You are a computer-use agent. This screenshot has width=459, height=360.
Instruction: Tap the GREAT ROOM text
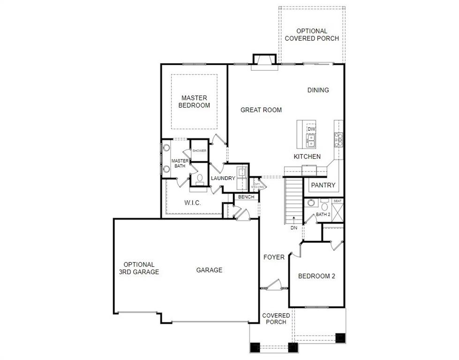click(261, 110)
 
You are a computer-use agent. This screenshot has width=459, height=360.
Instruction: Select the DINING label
click(318, 90)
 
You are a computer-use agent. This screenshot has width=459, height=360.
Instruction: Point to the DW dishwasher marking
click(311, 128)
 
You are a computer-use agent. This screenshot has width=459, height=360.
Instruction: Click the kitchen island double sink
click(311, 139)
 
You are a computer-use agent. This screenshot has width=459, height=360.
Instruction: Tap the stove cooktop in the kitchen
click(338, 139)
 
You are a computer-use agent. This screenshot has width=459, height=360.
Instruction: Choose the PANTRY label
click(324, 185)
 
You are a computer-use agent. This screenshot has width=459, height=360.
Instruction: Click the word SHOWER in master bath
click(199, 151)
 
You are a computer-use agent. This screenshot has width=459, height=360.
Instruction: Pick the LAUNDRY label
click(223, 179)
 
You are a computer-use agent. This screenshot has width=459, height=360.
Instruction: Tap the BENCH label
click(246, 197)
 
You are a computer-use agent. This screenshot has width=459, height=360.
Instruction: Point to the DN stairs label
click(294, 228)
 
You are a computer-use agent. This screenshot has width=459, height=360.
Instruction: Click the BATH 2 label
click(323, 215)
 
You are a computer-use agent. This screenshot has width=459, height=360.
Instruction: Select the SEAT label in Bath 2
click(338, 201)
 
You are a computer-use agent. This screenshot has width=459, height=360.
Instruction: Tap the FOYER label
click(274, 257)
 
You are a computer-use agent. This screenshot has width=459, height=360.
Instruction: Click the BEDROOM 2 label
click(316, 276)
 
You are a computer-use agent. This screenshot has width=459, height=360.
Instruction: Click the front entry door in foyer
click(272, 285)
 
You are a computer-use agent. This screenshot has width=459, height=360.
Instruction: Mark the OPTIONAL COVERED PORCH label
click(312, 35)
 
